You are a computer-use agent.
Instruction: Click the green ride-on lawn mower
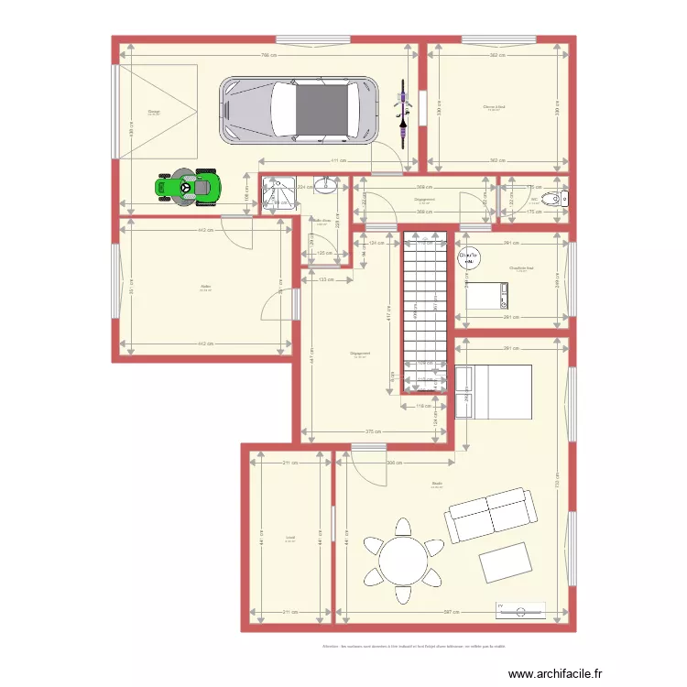point(190,187)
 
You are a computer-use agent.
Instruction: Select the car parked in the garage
point(299,110)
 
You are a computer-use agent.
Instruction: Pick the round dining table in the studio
point(402,560)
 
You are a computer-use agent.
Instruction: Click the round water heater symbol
point(469,259)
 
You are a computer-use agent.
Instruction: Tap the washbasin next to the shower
point(325,187)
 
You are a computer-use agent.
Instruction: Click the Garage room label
point(154,113)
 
